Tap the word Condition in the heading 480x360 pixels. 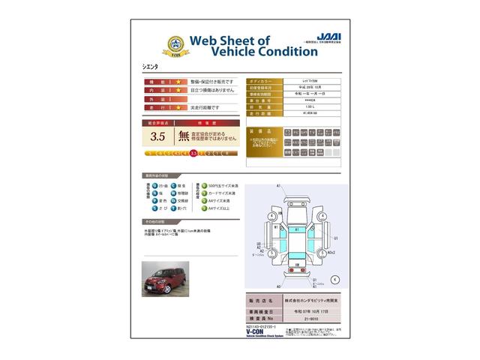click(x=271, y=52)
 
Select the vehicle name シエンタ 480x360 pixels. click(x=153, y=68)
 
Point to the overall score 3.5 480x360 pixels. click(x=157, y=136)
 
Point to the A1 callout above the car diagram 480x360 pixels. click(x=278, y=185)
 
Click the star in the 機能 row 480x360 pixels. click(x=178, y=80)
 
